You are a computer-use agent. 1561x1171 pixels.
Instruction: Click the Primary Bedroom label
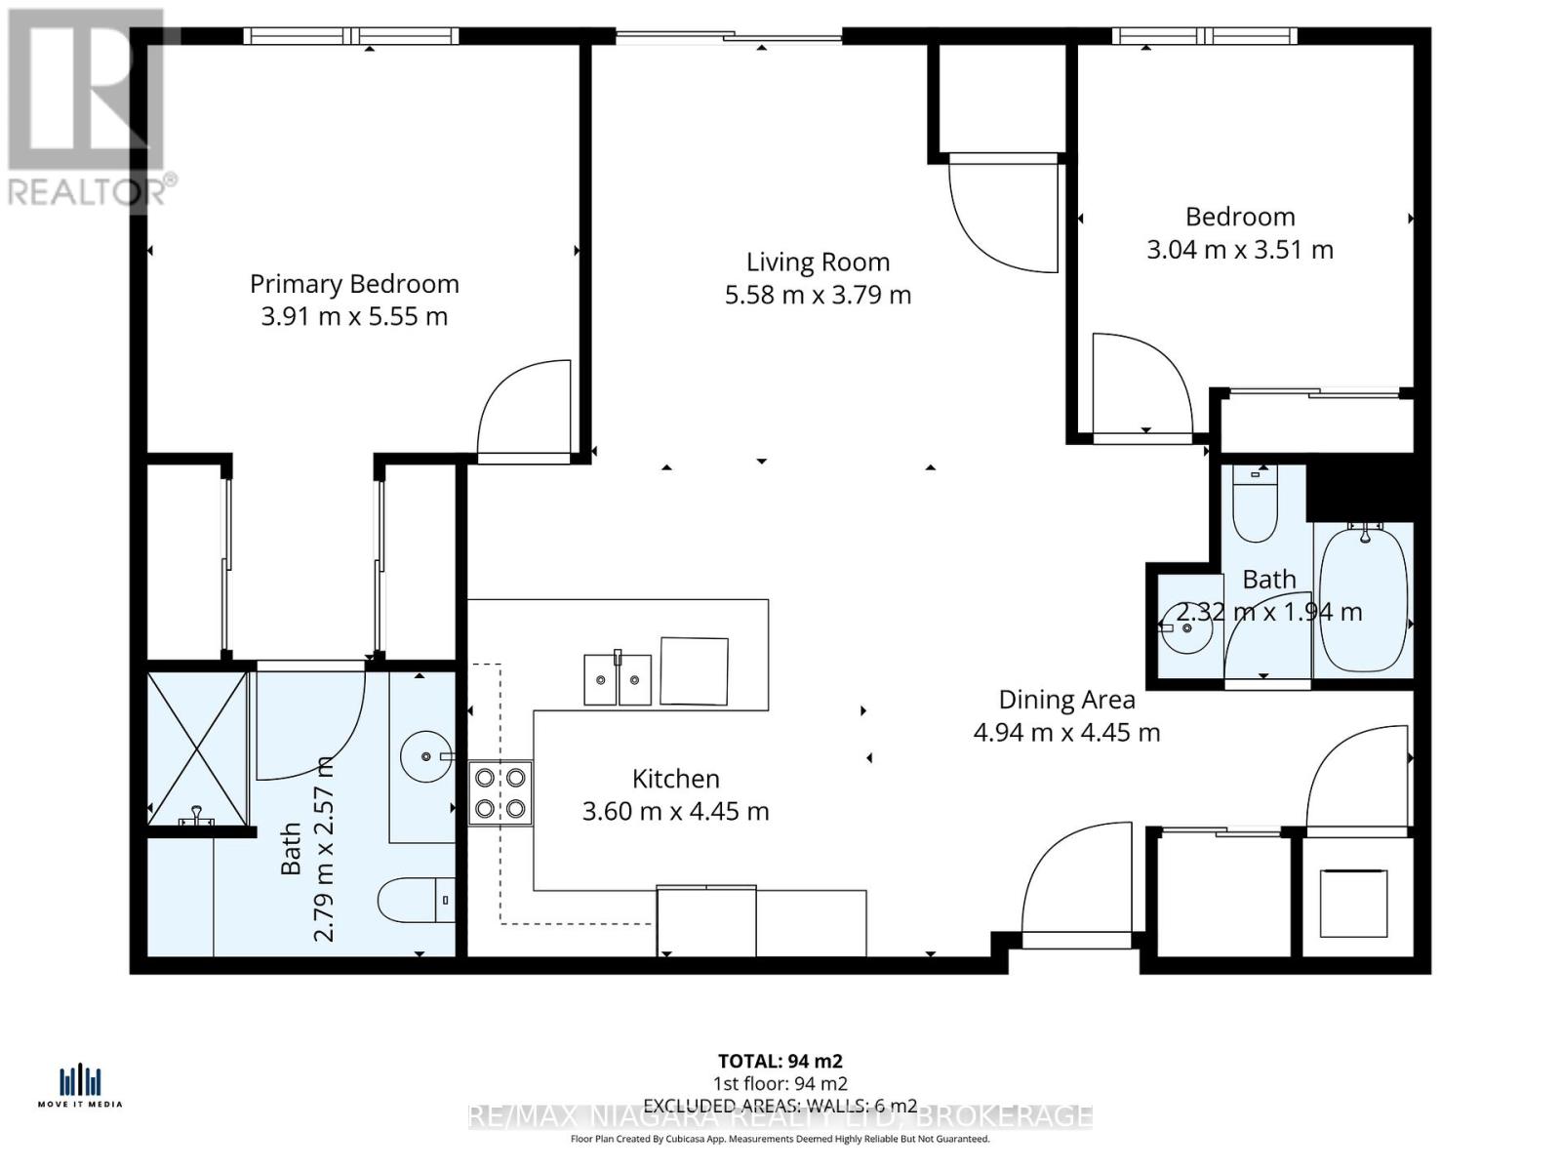point(354,284)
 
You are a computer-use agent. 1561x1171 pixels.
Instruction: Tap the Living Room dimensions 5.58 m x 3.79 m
point(818,295)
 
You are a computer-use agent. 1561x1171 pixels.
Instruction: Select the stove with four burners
point(500,793)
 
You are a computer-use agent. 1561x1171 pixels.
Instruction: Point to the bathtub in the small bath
point(1363,597)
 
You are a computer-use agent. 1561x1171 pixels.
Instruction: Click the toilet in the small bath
point(1255,505)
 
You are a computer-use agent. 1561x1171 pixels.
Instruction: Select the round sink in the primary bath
point(426,755)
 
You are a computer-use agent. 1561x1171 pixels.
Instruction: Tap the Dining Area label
point(1066,700)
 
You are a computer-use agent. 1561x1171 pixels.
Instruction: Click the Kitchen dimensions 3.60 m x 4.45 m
point(675,811)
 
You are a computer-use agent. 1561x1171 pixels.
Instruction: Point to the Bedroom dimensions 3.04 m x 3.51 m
point(1239,250)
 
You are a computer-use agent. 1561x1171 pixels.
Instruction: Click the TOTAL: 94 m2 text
point(780,1061)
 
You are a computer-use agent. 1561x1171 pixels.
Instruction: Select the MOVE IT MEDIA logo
point(80,1086)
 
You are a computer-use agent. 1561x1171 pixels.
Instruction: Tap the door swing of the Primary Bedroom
point(522,410)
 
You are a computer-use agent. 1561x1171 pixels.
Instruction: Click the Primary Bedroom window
point(351,36)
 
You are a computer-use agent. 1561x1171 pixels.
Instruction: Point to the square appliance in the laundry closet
point(1353,903)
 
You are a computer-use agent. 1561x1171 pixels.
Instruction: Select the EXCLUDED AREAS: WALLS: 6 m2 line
point(780,1106)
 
